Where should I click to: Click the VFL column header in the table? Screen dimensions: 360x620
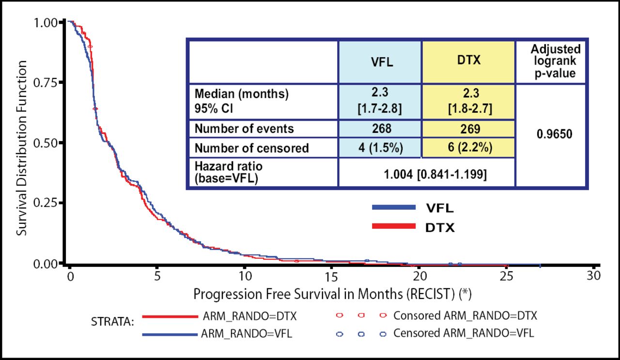(x=379, y=63)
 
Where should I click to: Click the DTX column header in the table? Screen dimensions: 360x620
(x=468, y=63)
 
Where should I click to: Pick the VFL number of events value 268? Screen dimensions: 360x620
(x=379, y=129)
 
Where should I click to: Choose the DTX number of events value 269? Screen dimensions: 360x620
(x=468, y=129)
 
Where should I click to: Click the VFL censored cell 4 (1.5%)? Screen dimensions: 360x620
(x=379, y=148)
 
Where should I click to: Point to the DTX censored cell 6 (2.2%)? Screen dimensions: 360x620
(x=468, y=148)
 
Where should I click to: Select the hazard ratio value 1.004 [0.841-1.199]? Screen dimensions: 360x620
(x=426, y=173)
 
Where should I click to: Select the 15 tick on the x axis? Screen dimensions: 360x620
(x=331, y=275)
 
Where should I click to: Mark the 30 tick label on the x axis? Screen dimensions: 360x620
(x=593, y=275)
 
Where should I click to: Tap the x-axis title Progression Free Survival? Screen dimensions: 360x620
(x=333, y=294)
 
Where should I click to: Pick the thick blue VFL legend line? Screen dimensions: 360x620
(x=393, y=207)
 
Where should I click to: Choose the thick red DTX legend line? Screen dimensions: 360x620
(x=393, y=226)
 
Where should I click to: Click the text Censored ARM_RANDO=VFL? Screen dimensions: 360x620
(x=464, y=334)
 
